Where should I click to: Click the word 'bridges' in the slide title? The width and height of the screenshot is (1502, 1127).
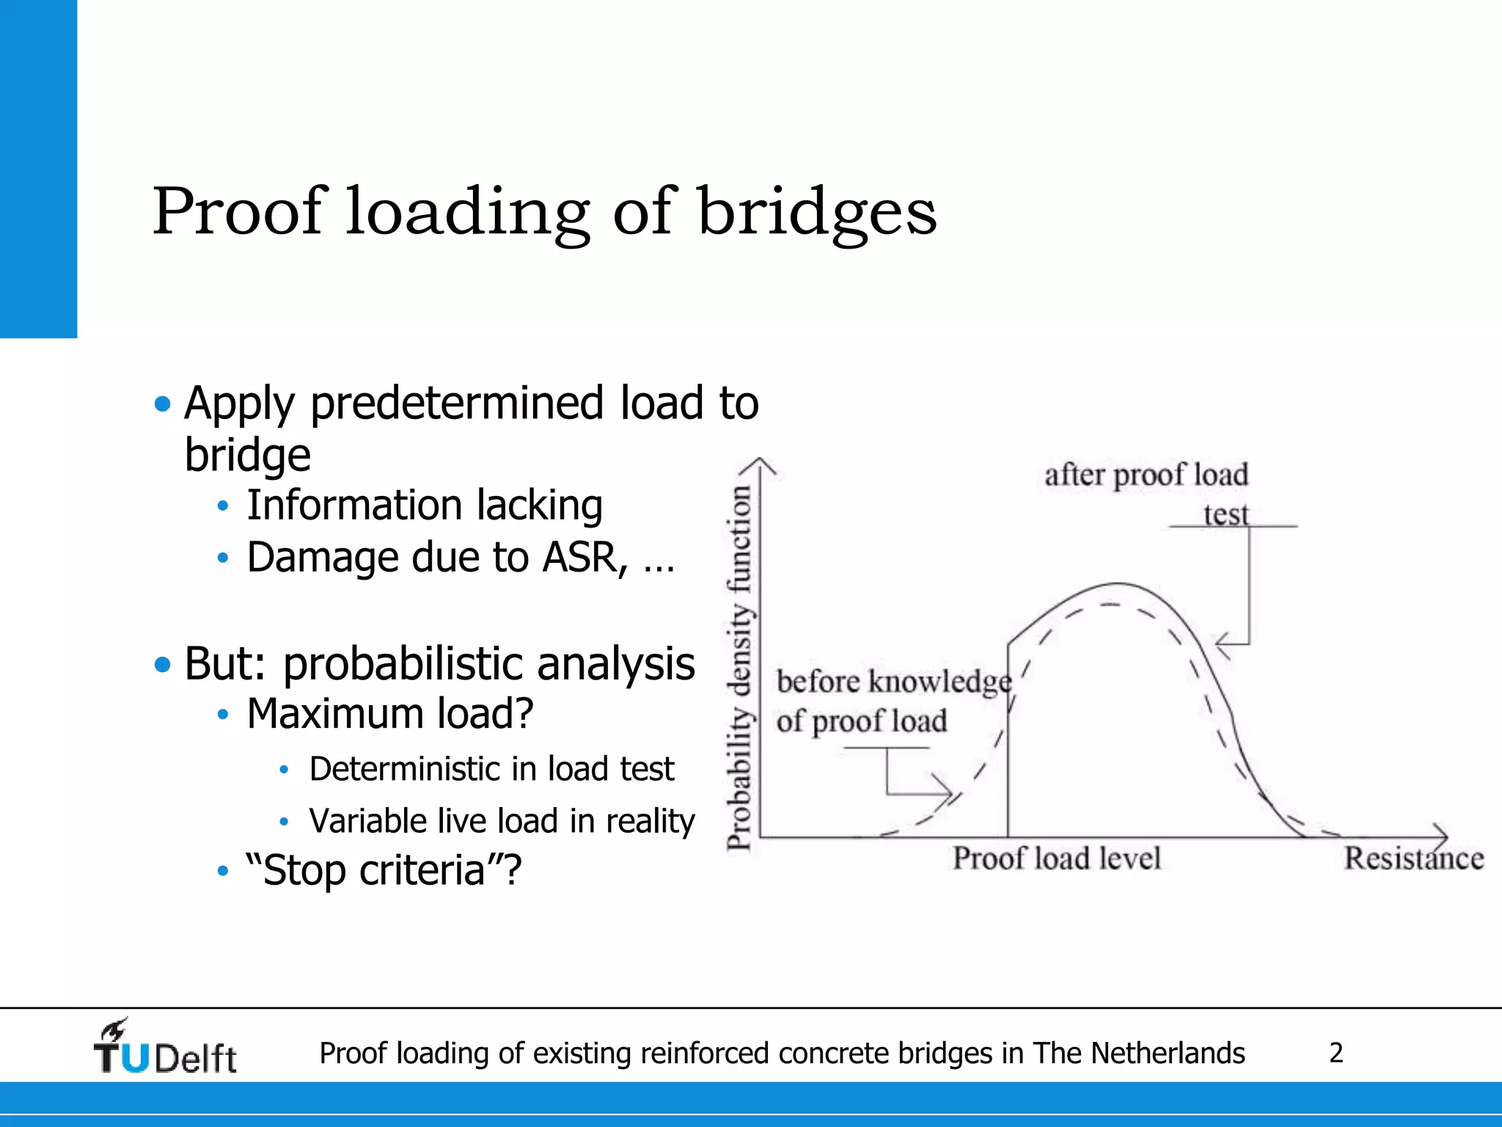click(x=817, y=213)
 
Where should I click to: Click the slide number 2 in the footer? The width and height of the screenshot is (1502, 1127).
click(x=1336, y=1054)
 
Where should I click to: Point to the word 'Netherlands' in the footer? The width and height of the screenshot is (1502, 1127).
click(x=1168, y=1054)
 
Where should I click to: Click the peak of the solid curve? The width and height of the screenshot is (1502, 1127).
click(x=1116, y=584)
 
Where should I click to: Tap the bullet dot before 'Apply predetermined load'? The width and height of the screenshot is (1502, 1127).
click(x=163, y=404)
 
